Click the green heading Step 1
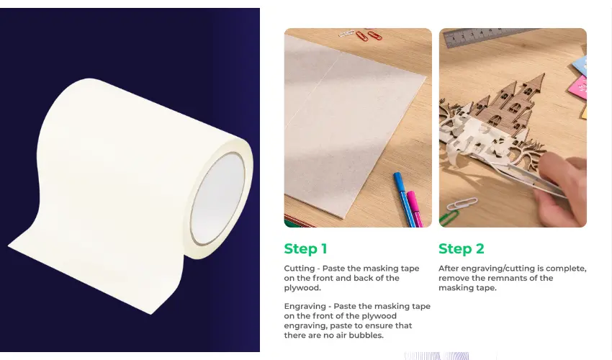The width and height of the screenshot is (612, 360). click(305, 248)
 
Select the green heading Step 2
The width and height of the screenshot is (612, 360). click(462, 248)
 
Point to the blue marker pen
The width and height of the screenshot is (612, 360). click(402, 199)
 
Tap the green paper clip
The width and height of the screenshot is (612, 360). click(449, 218)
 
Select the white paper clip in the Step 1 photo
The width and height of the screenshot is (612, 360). click(346, 34)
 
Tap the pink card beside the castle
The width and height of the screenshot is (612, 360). click(578, 87)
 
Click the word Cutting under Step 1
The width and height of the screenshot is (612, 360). click(300, 269)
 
